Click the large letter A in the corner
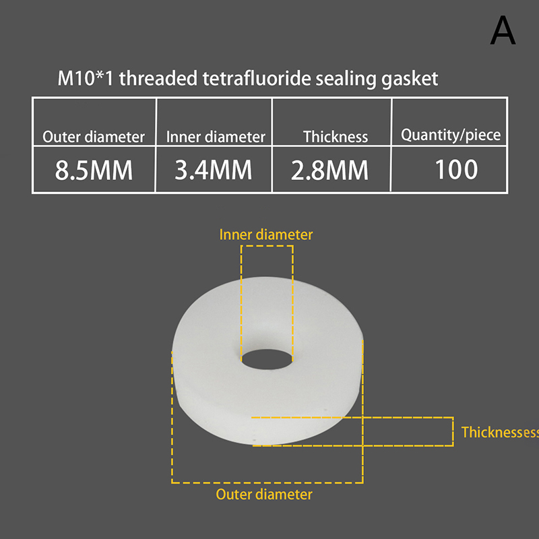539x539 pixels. tap(503, 31)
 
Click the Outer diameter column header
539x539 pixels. tap(94, 137)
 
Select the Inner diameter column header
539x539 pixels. tap(216, 137)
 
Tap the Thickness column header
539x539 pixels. tap(336, 137)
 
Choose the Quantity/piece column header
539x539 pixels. tap(451, 135)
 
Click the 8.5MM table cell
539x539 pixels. tap(94, 170)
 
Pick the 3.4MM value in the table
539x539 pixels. tap(214, 170)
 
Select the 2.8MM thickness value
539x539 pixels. tap(330, 170)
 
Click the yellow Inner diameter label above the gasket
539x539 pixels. tap(266, 234)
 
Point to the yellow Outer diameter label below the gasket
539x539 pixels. tap(264, 495)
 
